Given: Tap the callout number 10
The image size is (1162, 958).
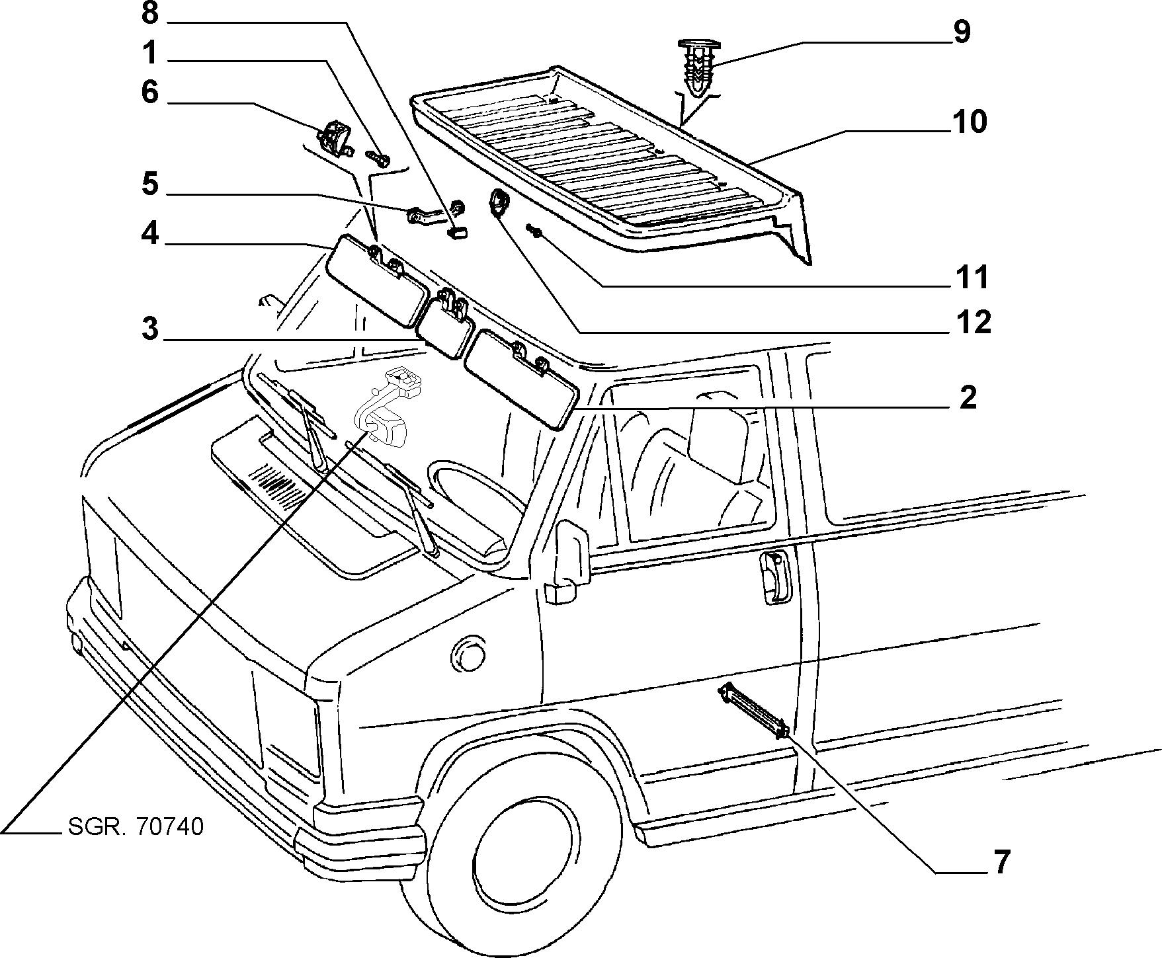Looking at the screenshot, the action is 969,122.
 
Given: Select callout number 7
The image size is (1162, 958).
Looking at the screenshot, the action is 1002,862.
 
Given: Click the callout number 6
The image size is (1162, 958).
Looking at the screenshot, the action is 150,92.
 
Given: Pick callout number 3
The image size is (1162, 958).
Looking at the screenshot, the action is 150,329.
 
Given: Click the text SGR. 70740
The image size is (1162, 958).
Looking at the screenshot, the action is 136,826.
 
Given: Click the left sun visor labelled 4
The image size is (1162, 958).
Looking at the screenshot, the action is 378,282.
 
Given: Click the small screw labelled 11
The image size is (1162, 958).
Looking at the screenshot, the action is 534,231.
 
